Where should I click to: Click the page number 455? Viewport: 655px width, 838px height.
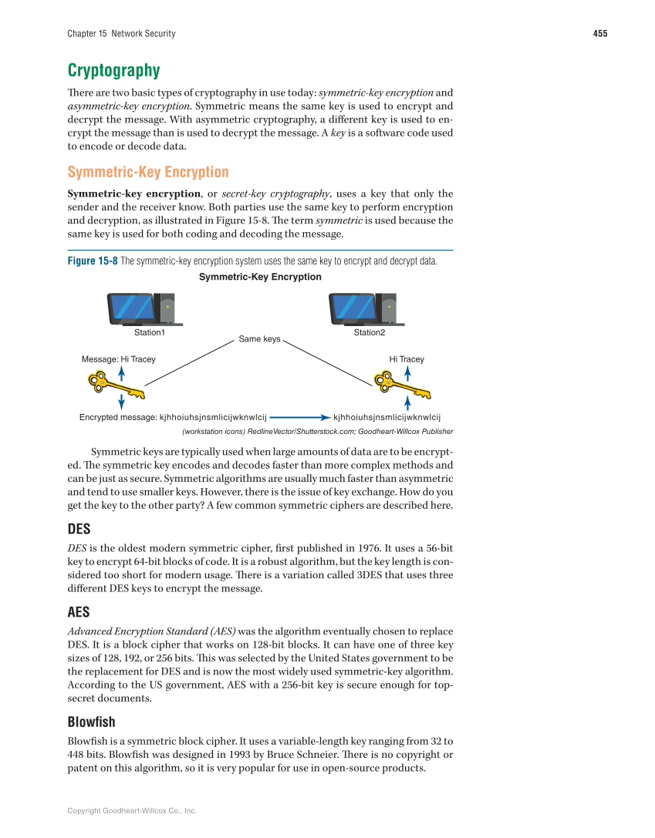tap(599, 33)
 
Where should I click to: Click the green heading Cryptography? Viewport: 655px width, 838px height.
tap(113, 71)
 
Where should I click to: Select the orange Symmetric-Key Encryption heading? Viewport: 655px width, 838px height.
tap(148, 172)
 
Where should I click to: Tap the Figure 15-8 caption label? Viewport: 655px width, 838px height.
tap(93, 261)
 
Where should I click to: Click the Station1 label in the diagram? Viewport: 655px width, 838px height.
tap(150, 332)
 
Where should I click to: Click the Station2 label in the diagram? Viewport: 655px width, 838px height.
tap(369, 332)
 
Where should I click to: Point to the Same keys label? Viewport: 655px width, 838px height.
tap(259, 338)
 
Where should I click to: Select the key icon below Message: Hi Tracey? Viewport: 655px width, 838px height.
tap(116, 385)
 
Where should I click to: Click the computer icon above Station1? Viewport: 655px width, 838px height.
tap(141, 309)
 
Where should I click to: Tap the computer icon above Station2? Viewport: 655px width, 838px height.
tap(363, 309)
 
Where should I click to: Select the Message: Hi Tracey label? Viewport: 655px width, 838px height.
tap(118, 359)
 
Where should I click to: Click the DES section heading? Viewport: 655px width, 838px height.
tap(79, 531)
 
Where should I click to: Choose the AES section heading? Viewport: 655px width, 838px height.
tap(79, 612)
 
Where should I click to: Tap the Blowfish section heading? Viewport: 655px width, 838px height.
tap(91, 722)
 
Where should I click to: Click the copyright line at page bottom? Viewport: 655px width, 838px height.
tap(132, 810)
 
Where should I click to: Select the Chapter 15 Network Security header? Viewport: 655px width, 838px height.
tap(121, 33)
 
